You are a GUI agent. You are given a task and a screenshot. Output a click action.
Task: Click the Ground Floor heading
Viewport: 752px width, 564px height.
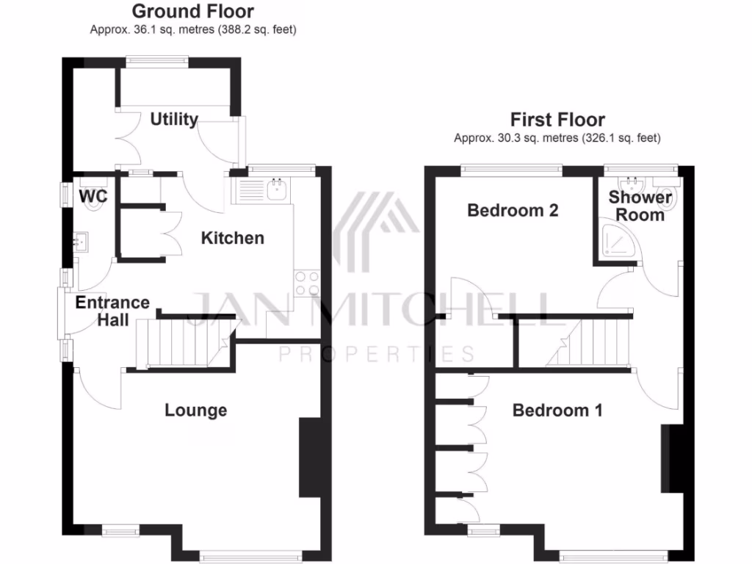193,12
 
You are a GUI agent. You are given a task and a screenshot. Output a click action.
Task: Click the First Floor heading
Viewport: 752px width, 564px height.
557,120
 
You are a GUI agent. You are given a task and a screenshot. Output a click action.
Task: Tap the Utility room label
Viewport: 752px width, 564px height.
174,119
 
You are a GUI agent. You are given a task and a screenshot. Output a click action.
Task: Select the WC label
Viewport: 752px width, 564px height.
93,196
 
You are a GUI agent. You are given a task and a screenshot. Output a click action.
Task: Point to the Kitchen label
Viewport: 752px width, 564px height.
232,238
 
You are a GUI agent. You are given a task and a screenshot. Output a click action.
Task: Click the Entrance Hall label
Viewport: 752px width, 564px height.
112,311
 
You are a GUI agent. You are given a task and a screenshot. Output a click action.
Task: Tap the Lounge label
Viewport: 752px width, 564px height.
195,410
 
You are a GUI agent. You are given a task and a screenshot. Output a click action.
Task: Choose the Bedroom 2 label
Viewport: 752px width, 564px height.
513,211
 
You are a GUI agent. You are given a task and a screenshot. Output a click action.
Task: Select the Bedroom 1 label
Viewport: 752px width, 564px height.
557,410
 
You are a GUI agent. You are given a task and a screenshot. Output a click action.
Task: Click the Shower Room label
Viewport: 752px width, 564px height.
640,206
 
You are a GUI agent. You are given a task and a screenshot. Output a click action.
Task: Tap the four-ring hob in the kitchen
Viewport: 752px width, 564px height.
307,283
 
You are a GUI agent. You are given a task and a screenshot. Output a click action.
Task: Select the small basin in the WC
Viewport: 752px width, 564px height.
80,239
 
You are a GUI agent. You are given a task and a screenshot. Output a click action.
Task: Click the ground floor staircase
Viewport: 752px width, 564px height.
184,342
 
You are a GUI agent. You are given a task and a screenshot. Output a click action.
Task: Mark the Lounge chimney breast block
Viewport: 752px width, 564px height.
309,459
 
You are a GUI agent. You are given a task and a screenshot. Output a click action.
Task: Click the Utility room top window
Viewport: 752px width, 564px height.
156,62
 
